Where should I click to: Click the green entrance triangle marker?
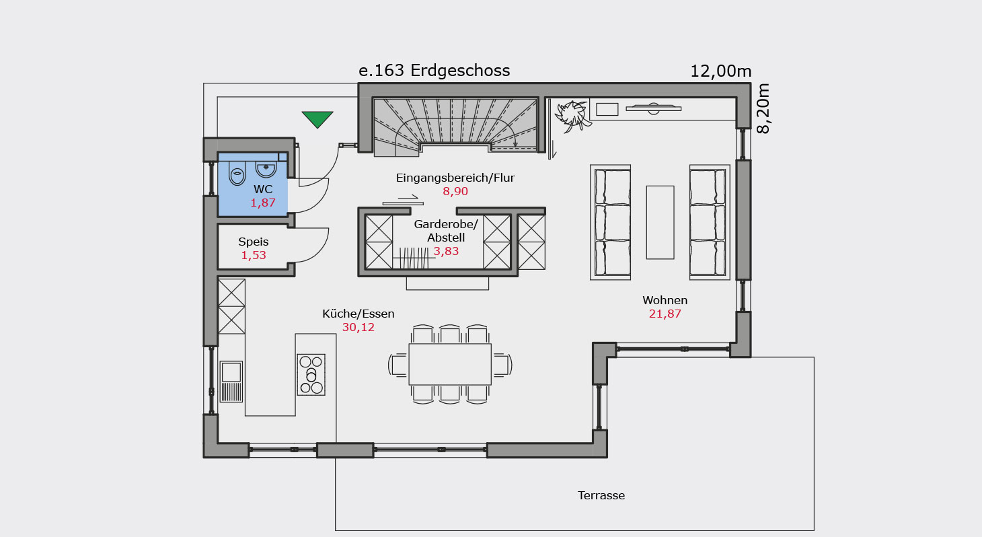point(317,119)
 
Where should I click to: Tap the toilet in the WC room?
point(237,174)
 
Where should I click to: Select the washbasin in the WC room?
point(266,169)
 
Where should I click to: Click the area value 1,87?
point(263,203)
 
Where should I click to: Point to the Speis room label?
point(254,242)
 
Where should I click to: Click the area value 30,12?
point(358,327)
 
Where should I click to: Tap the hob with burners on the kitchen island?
point(311,375)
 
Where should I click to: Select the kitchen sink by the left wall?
point(231,382)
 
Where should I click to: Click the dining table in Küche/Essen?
point(450,364)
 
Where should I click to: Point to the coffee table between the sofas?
point(660,223)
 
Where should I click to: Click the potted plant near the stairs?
point(572,116)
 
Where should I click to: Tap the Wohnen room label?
point(665,300)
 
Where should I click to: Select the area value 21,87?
point(665,314)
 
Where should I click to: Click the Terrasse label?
point(601,495)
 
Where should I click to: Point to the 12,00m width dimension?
point(721,71)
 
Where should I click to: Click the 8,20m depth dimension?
point(763,108)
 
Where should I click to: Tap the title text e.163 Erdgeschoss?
point(434,71)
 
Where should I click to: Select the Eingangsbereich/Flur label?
point(455,178)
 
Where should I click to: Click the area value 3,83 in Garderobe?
point(446,252)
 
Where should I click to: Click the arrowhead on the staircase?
point(515,144)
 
